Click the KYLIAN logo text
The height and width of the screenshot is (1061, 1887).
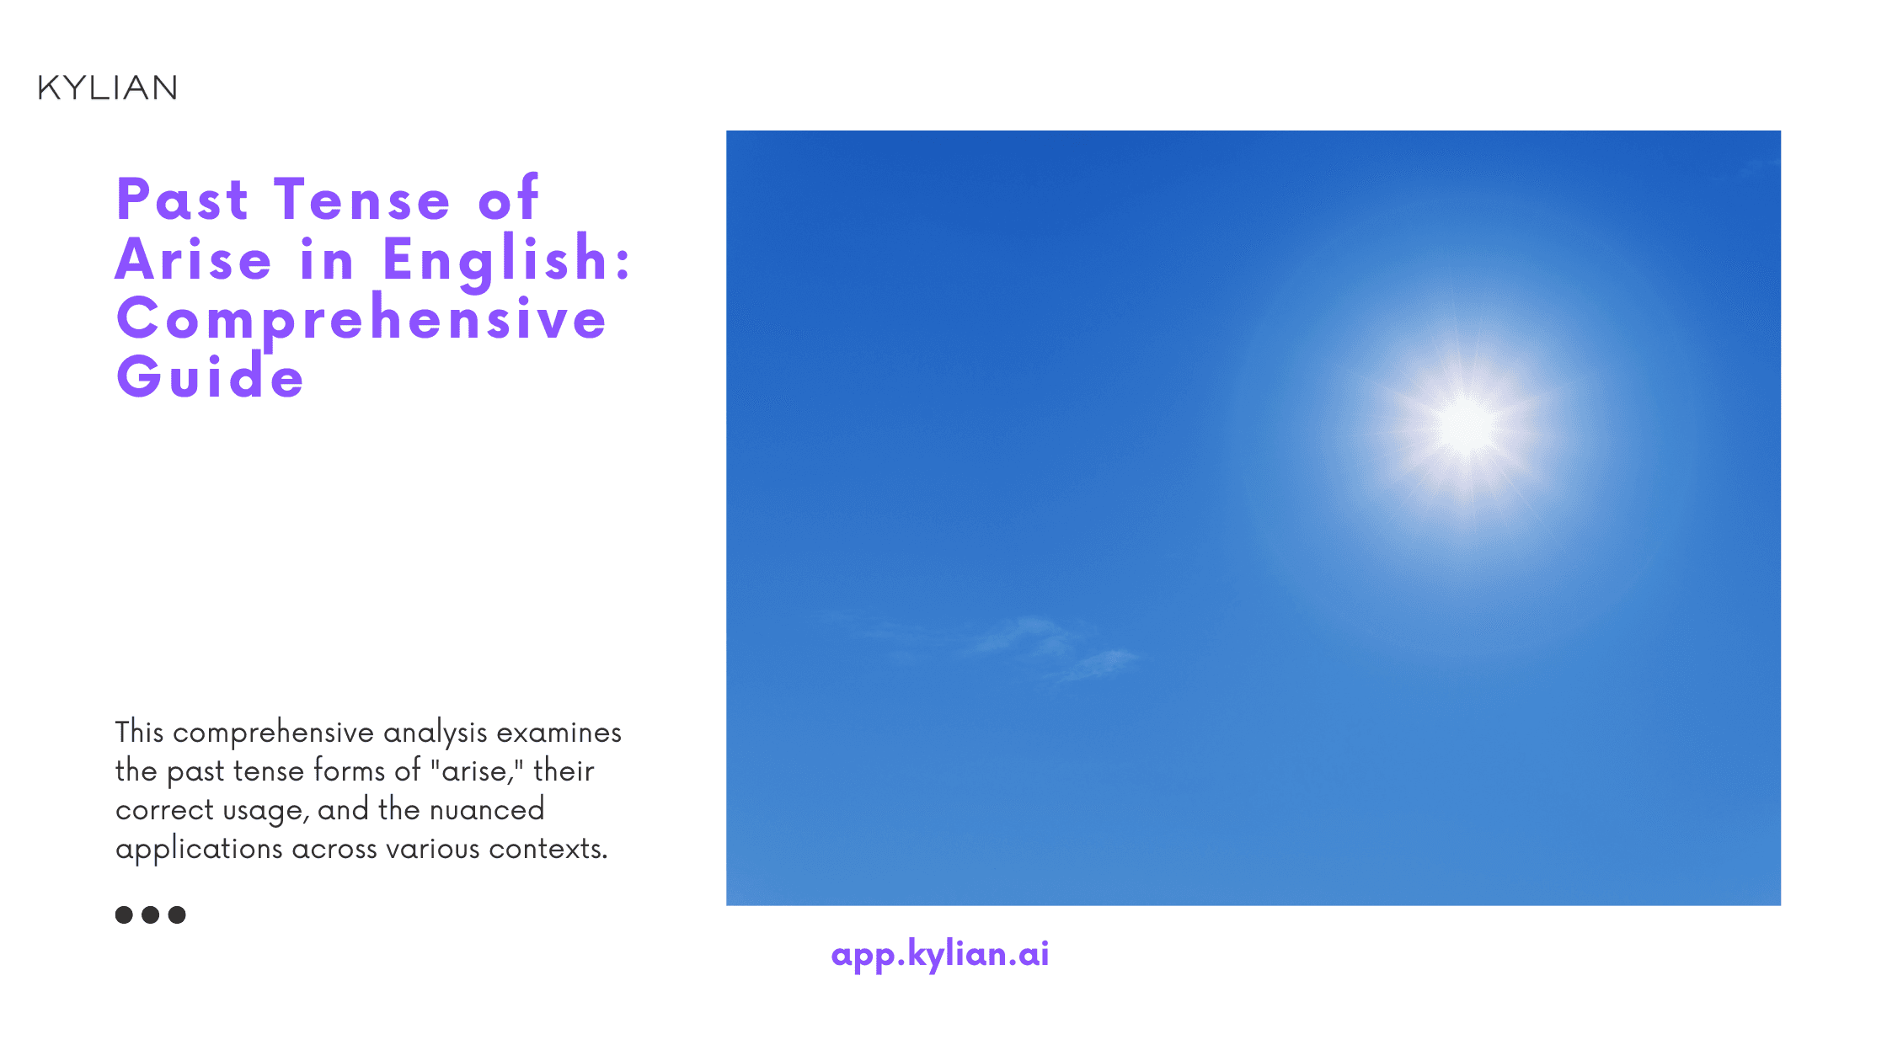pyautogui.click(x=107, y=88)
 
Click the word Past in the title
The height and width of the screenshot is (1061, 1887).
pyautogui.click(x=182, y=200)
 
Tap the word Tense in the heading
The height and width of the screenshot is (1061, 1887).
pyautogui.click(x=362, y=200)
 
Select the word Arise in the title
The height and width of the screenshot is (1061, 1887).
pyautogui.click(x=194, y=259)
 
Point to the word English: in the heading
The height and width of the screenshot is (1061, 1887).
pyautogui.click(x=506, y=259)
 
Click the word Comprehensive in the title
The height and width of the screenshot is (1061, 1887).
pyautogui.click(x=361, y=318)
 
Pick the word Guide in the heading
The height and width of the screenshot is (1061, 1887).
pyautogui.click(x=210, y=376)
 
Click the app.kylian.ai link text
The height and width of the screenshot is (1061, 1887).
pyautogui.click(x=939, y=954)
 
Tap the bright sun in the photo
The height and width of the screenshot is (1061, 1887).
pyautogui.click(x=1465, y=425)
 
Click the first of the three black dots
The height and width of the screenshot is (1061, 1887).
pyautogui.click(x=124, y=914)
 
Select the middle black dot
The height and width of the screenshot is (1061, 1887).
pyautogui.click(x=151, y=914)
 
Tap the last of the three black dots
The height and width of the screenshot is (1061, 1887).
pyautogui.click(x=177, y=914)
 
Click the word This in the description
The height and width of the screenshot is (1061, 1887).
pyautogui.click(x=139, y=732)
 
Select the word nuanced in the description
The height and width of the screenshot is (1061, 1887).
pyautogui.click(x=487, y=809)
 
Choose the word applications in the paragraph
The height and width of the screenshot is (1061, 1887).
pyautogui.click(x=199, y=849)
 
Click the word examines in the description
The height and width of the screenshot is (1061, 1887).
pyautogui.click(x=559, y=732)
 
